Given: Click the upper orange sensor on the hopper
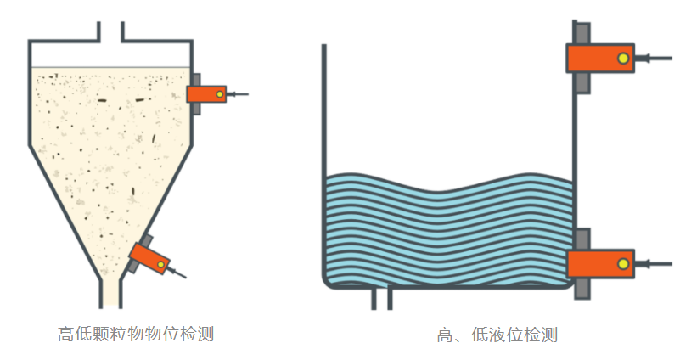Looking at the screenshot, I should (x=207, y=94).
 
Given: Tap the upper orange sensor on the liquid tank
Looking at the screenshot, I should (x=600, y=58).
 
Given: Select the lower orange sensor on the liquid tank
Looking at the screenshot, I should (x=600, y=263).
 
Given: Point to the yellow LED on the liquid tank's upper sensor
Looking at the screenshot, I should (x=623, y=58).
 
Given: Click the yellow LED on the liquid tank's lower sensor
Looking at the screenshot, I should (x=623, y=264).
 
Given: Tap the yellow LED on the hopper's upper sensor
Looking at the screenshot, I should (x=220, y=94).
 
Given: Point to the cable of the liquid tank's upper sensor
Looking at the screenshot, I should (x=658, y=59).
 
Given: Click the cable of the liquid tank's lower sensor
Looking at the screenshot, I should (x=658, y=264).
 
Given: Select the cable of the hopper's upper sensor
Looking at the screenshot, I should (x=239, y=94).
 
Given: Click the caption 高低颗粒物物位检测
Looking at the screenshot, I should (x=136, y=334).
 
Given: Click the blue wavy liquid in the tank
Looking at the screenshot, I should (x=441, y=229).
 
